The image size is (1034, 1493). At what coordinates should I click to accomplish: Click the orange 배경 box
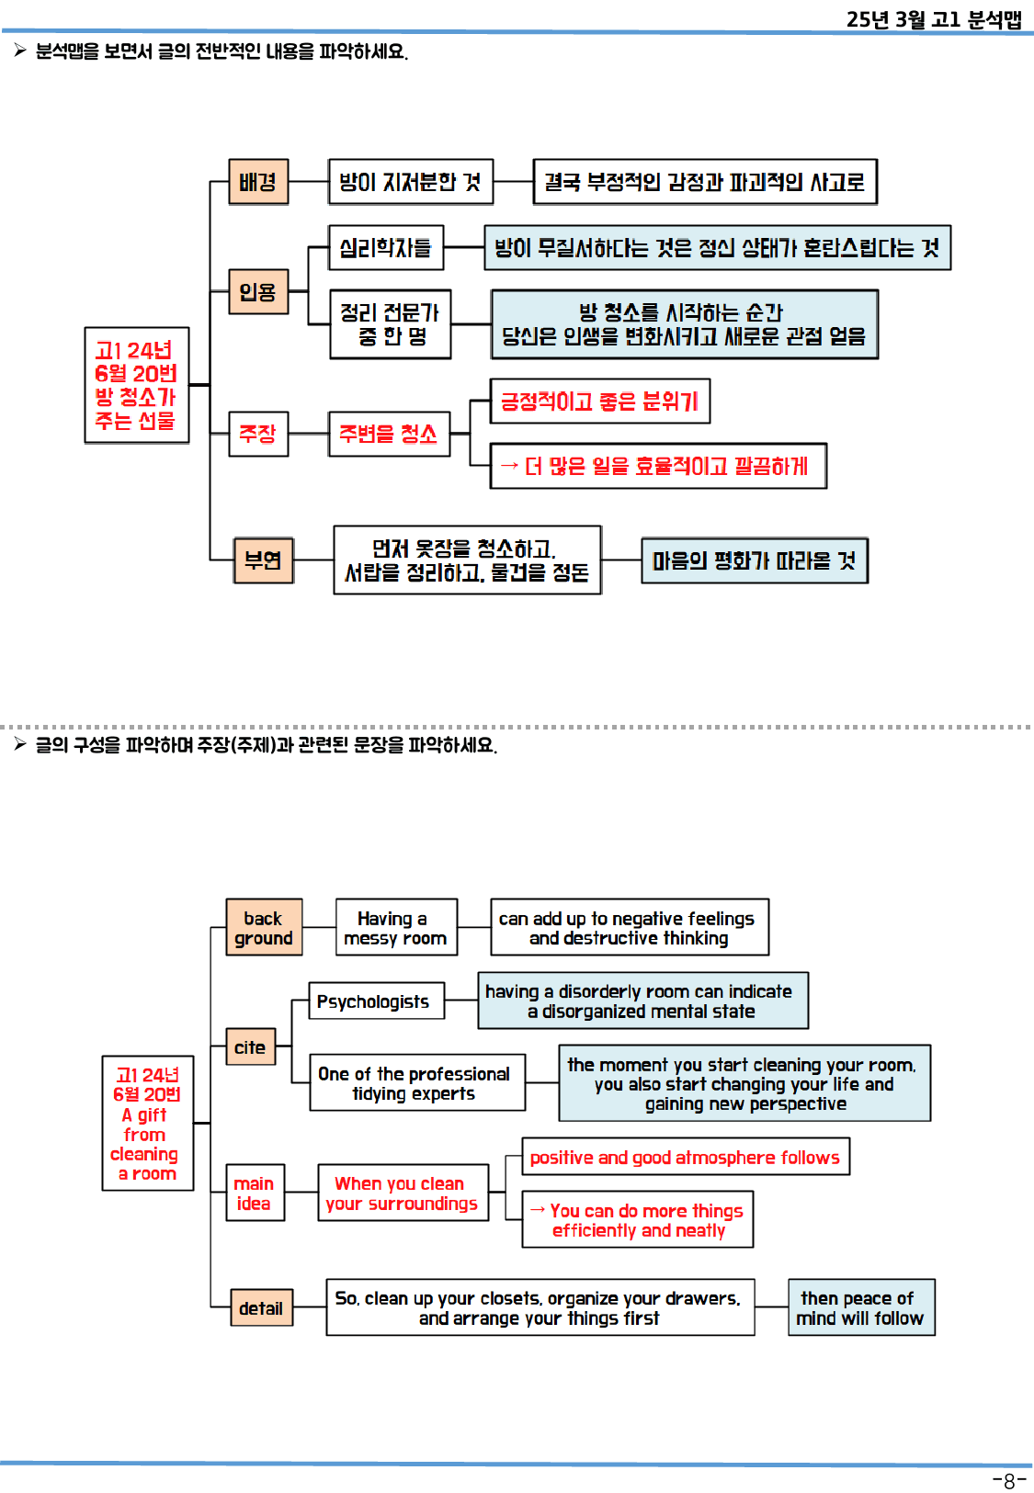pos(258,182)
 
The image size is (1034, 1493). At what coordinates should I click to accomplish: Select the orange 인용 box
pos(258,292)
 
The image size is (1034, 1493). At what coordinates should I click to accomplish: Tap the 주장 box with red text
pos(258,434)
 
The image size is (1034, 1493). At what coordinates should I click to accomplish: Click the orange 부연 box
pos(263,560)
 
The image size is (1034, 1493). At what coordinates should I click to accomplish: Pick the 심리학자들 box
pos(386,248)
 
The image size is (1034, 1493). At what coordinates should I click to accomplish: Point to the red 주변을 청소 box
pos(389,434)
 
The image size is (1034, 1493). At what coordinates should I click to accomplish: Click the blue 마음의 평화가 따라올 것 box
pos(754,560)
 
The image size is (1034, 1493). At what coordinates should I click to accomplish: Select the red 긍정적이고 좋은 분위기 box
pos(599,402)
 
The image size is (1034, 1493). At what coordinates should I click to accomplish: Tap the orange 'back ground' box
pos(264,928)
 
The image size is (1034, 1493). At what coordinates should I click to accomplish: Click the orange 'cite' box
pos(251,1047)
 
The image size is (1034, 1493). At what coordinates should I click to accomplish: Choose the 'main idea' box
pos(255,1193)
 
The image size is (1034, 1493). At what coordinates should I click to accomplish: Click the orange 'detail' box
pos(262,1308)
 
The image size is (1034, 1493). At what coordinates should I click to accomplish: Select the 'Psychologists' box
pos(375,1001)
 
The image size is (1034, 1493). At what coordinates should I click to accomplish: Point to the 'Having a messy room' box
pos(396,928)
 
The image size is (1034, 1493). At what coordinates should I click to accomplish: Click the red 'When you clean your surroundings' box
pos(403,1193)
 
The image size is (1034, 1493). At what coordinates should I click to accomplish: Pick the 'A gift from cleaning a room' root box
pos(147,1124)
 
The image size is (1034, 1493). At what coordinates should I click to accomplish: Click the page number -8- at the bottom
pos(1008,1481)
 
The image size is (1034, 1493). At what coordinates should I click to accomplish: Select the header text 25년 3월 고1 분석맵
pos(933,19)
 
